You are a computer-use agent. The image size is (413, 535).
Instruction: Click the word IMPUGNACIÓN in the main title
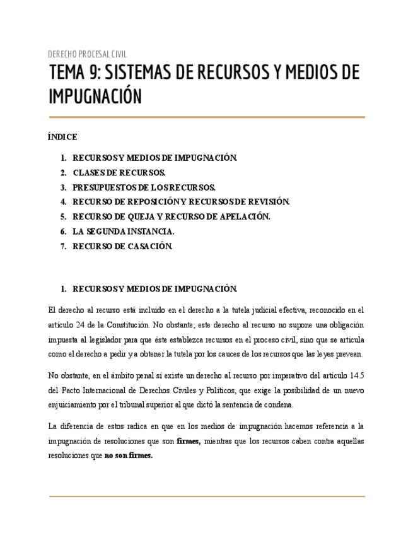[95, 97]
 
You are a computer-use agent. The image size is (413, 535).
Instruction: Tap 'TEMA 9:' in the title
[74, 73]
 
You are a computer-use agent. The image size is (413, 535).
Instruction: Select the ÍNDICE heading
[62, 137]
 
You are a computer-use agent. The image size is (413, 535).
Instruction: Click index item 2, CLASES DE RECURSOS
[119, 172]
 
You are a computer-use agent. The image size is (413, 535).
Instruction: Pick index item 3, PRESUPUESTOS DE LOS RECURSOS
[144, 187]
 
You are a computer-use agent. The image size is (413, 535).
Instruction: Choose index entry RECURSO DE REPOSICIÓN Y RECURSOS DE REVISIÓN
[181, 202]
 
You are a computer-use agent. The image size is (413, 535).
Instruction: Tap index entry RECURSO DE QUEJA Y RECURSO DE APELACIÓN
[171, 216]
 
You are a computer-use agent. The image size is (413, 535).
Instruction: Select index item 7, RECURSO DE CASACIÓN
[122, 247]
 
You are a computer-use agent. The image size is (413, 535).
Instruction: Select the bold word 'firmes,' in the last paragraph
[189, 440]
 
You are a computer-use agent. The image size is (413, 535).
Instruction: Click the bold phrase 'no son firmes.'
[129, 456]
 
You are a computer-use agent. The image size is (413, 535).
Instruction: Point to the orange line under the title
[206, 117]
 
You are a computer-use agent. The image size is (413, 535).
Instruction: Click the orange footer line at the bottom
[206, 497]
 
